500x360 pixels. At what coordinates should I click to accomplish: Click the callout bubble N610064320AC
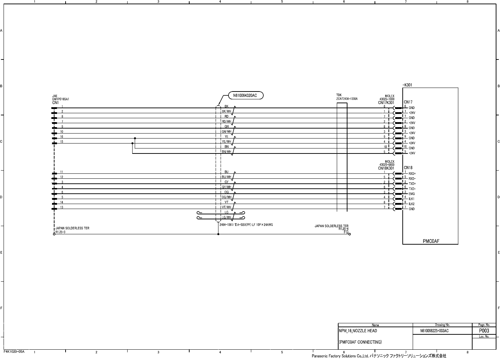click(245, 95)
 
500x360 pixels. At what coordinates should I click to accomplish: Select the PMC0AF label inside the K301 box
click(431, 241)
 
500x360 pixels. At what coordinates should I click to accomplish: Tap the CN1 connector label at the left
click(55, 103)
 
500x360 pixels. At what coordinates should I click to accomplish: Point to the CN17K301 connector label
click(386, 103)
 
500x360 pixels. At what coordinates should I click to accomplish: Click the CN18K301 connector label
click(386, 168)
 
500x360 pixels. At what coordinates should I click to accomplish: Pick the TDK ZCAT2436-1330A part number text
click(347, 99)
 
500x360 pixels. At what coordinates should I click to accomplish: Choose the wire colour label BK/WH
click(227, 111)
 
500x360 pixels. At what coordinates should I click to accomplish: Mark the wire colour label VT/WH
click(227, 207)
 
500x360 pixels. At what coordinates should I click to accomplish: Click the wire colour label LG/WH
click(227, 217)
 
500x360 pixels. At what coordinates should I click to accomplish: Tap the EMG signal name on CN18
click(412, 194)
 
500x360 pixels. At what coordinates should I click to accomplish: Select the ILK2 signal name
click(412, 204)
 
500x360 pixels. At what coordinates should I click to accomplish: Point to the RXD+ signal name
click(412, 174)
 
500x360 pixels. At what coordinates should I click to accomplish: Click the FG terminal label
click(346, 232)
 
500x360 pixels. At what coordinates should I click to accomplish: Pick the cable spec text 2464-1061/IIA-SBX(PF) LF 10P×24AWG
click(246, 225)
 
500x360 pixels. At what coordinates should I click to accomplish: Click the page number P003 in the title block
click(484, 331)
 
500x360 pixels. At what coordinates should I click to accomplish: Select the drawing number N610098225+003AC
click(434, 331)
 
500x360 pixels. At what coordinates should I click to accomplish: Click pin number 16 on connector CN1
click(62, 137)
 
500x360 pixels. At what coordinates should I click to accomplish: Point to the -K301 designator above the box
click(407, 85)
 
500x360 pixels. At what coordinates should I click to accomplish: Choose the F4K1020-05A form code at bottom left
click(14, 351)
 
